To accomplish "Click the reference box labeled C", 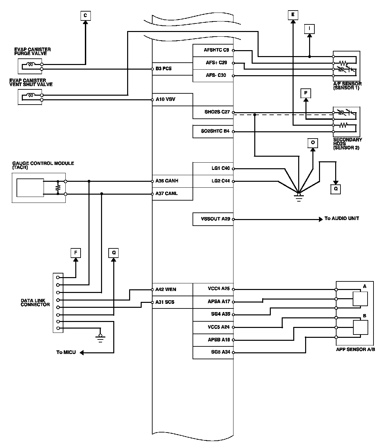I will click(85, 16).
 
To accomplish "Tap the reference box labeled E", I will click(293, 15).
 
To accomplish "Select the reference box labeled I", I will click(309, 29).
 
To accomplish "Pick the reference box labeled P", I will click(306, 94).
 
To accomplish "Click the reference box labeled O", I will click(313, 143).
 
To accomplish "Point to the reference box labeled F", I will click(76, 253).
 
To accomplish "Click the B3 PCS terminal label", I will click(163, 69).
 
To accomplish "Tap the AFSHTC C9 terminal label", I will click(216, 50).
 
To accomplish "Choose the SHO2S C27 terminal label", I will click(217, 112).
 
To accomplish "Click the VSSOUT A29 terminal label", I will click(215, 219).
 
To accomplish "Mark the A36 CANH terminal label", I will click(167, 181).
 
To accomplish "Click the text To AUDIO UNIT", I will click(341, 218).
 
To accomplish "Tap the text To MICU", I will click(66, 352).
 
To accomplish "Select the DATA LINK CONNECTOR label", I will click(35, 303).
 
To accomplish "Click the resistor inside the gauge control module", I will click(58, 187).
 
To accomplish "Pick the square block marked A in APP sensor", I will click(360, 299).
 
